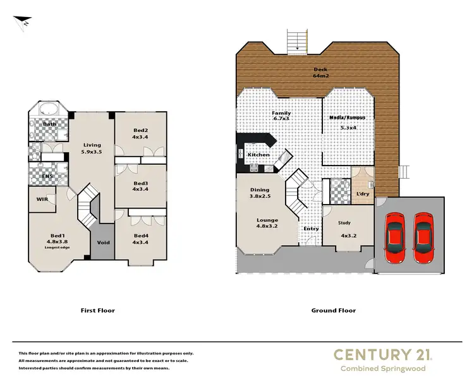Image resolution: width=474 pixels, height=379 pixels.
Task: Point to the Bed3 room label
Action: [140, 184]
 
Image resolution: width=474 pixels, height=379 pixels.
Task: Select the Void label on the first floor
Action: [102, 243]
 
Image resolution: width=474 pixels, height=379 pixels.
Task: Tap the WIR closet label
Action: [42, 200]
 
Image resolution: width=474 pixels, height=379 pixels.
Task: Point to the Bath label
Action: [50, 124]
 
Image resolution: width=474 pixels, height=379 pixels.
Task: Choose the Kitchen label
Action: [258, 155]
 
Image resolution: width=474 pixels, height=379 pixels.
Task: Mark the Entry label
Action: [311, 229]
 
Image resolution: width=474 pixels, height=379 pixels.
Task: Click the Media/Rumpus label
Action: [348, 118]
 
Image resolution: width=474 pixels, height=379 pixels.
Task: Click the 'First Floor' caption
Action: [98, 310]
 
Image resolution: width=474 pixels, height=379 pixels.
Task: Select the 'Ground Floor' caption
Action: [333, 310]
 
